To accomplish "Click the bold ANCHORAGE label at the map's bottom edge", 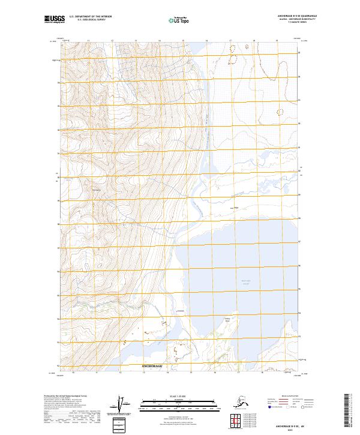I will coord(152,365).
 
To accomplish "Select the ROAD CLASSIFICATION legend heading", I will coord(287,395).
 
